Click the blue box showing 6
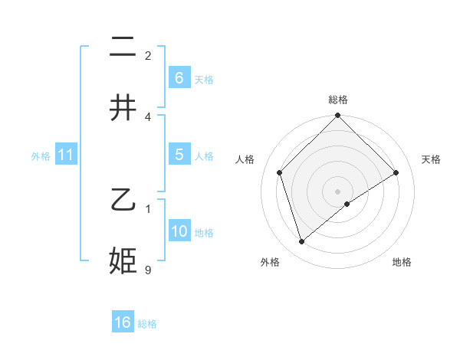[x=179, y=77]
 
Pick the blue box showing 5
[x=179, y=154]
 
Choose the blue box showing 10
[x=179, y=231]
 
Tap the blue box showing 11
[x=66, y=155]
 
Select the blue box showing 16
[x=123, y=322]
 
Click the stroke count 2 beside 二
[x=148, y=55]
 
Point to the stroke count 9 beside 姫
[x=148, y=269]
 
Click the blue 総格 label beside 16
[x=147, y=324]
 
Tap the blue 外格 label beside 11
[x=41, y=156]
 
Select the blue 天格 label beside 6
[x=204, y=79]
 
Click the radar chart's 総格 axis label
[x=338, y=100]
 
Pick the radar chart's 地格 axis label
[x=402, y=263]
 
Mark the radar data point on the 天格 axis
[x=396, y=172]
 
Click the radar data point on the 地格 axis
[x=347, y=204]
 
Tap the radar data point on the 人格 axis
[x=280, y=172]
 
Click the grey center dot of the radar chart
[x=338, y=191]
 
